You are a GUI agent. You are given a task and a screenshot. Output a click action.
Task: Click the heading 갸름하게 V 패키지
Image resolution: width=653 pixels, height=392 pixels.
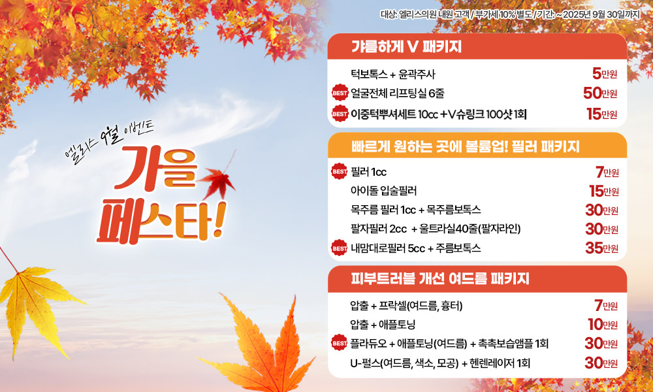(406, 46)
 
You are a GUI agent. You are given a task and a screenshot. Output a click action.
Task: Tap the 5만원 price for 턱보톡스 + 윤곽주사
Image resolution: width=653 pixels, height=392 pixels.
(604, 74)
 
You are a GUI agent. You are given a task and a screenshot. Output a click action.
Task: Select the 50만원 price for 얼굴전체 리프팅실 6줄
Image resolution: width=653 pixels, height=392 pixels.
(600, 93)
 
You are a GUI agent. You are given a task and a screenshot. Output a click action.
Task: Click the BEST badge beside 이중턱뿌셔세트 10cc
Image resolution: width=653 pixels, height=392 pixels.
(340, 113)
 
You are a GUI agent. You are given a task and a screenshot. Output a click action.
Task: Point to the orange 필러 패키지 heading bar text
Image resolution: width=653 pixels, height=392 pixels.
(465, 146)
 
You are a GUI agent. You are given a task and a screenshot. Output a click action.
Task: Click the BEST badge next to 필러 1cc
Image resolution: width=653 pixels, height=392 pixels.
(340, 171)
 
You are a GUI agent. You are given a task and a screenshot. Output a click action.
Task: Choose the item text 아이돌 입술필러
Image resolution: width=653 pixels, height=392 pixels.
(383, 191)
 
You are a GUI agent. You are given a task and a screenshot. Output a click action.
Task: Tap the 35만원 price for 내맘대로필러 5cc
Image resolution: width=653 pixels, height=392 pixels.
(602, 248)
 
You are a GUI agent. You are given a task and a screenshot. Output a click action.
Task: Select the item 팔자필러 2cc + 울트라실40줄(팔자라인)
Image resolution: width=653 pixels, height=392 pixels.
(436, 229)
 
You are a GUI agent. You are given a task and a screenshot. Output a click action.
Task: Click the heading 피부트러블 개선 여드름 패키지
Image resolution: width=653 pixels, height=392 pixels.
(440, 278)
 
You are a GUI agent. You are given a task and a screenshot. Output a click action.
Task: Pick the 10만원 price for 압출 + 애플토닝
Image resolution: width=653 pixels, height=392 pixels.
(603, 324)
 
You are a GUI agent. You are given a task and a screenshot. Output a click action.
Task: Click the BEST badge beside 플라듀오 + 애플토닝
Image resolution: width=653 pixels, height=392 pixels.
(340, 342)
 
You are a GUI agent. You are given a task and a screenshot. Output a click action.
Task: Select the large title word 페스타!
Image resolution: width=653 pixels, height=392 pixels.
(161, 223)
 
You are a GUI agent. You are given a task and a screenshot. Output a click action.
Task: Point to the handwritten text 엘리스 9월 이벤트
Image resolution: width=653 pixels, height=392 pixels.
(109, 142)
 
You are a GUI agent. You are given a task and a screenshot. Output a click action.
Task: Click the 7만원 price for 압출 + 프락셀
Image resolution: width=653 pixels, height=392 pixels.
(607, 306)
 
